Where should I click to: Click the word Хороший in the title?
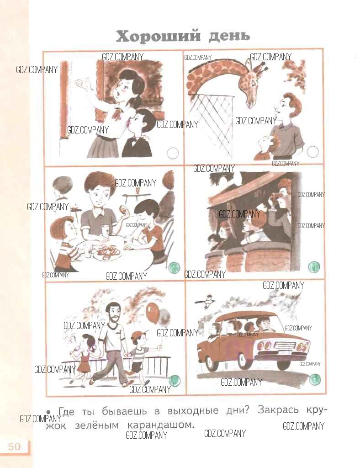158,37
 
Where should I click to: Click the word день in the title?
229,36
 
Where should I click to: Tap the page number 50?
14,447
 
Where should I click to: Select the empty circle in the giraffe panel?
312,152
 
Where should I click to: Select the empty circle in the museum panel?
173,153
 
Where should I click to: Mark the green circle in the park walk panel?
175,381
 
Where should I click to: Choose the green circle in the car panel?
314,380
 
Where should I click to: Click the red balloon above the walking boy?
153,313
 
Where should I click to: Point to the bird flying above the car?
206,300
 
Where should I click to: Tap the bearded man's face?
114,314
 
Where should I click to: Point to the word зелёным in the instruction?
97,425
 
